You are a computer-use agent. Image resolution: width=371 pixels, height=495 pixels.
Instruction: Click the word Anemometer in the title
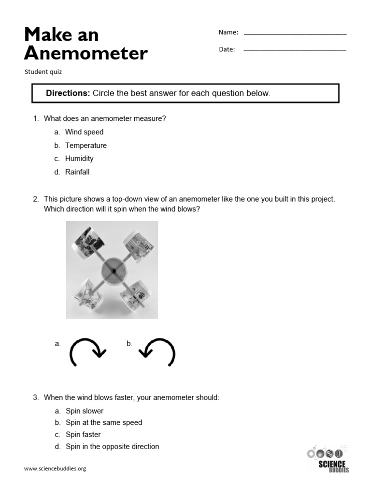pyautogui.click(x=86, y=53)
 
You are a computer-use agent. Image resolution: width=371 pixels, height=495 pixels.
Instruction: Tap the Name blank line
pyautogui.click(x=295, y=33)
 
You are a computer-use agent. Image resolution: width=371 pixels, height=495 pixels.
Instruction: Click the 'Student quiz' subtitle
pyautogui.click(x=43, y=72)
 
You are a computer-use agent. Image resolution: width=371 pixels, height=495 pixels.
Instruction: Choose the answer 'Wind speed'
pyautogui.click(x=84, y=132)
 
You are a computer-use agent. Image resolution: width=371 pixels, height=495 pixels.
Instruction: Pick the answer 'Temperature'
pyautogui.click(x=86, y=146)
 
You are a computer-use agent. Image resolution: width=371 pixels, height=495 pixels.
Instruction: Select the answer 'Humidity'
pyautogui.click(x=79, y=159)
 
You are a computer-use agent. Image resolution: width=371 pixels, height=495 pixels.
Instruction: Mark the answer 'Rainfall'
pyautogui.click(x=77, y=172)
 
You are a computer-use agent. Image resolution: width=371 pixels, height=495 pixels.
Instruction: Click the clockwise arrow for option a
pyautogui.click(x=87, y=351)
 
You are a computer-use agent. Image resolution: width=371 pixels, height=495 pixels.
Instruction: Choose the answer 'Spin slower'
pyautogui.click(x=85, y=411)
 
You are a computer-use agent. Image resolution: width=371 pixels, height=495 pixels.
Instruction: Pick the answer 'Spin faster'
pyautogui.click(x=83, y=435)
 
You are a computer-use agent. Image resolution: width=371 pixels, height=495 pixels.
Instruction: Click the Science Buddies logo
pyautogui.click(x=328, y=459)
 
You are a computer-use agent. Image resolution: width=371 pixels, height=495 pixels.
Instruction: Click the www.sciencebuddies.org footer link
pyautogui.click(x=55, y=468)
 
